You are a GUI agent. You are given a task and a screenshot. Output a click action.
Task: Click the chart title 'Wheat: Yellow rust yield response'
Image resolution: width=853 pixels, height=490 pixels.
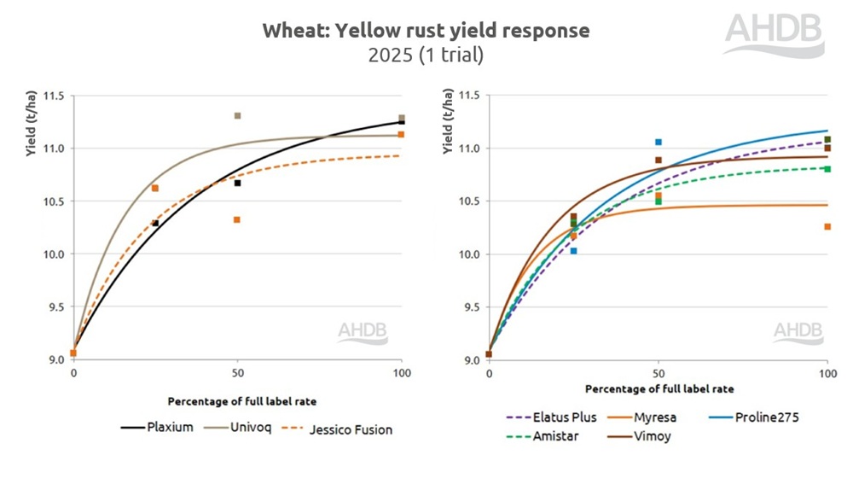coord(426,31)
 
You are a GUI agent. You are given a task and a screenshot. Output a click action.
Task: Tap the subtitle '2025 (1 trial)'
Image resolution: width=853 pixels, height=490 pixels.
coord(426,55)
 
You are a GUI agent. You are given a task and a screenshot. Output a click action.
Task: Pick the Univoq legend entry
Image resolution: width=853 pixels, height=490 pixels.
coord(238,428)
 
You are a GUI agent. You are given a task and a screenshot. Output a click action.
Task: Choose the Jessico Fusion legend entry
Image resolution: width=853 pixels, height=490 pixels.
coord(339,429)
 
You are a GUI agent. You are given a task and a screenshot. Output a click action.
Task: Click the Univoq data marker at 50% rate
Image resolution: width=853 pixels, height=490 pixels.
coord(237,115)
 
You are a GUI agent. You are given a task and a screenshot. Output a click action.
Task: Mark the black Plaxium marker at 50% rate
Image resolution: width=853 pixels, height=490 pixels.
coord(237,183)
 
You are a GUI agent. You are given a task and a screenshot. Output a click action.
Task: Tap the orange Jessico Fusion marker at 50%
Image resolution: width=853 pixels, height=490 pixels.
coord(237,219)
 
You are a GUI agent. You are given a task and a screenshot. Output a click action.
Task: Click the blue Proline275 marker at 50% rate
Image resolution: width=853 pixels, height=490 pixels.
coord(658,142)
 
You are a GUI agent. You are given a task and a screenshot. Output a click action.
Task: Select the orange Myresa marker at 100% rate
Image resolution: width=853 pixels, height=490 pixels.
coord(827,226)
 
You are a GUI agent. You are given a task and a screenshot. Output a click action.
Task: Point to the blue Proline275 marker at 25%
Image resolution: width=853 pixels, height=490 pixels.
coord(573,251)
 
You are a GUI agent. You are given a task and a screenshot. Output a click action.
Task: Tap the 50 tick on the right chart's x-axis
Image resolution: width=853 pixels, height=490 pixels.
coord(658,373)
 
